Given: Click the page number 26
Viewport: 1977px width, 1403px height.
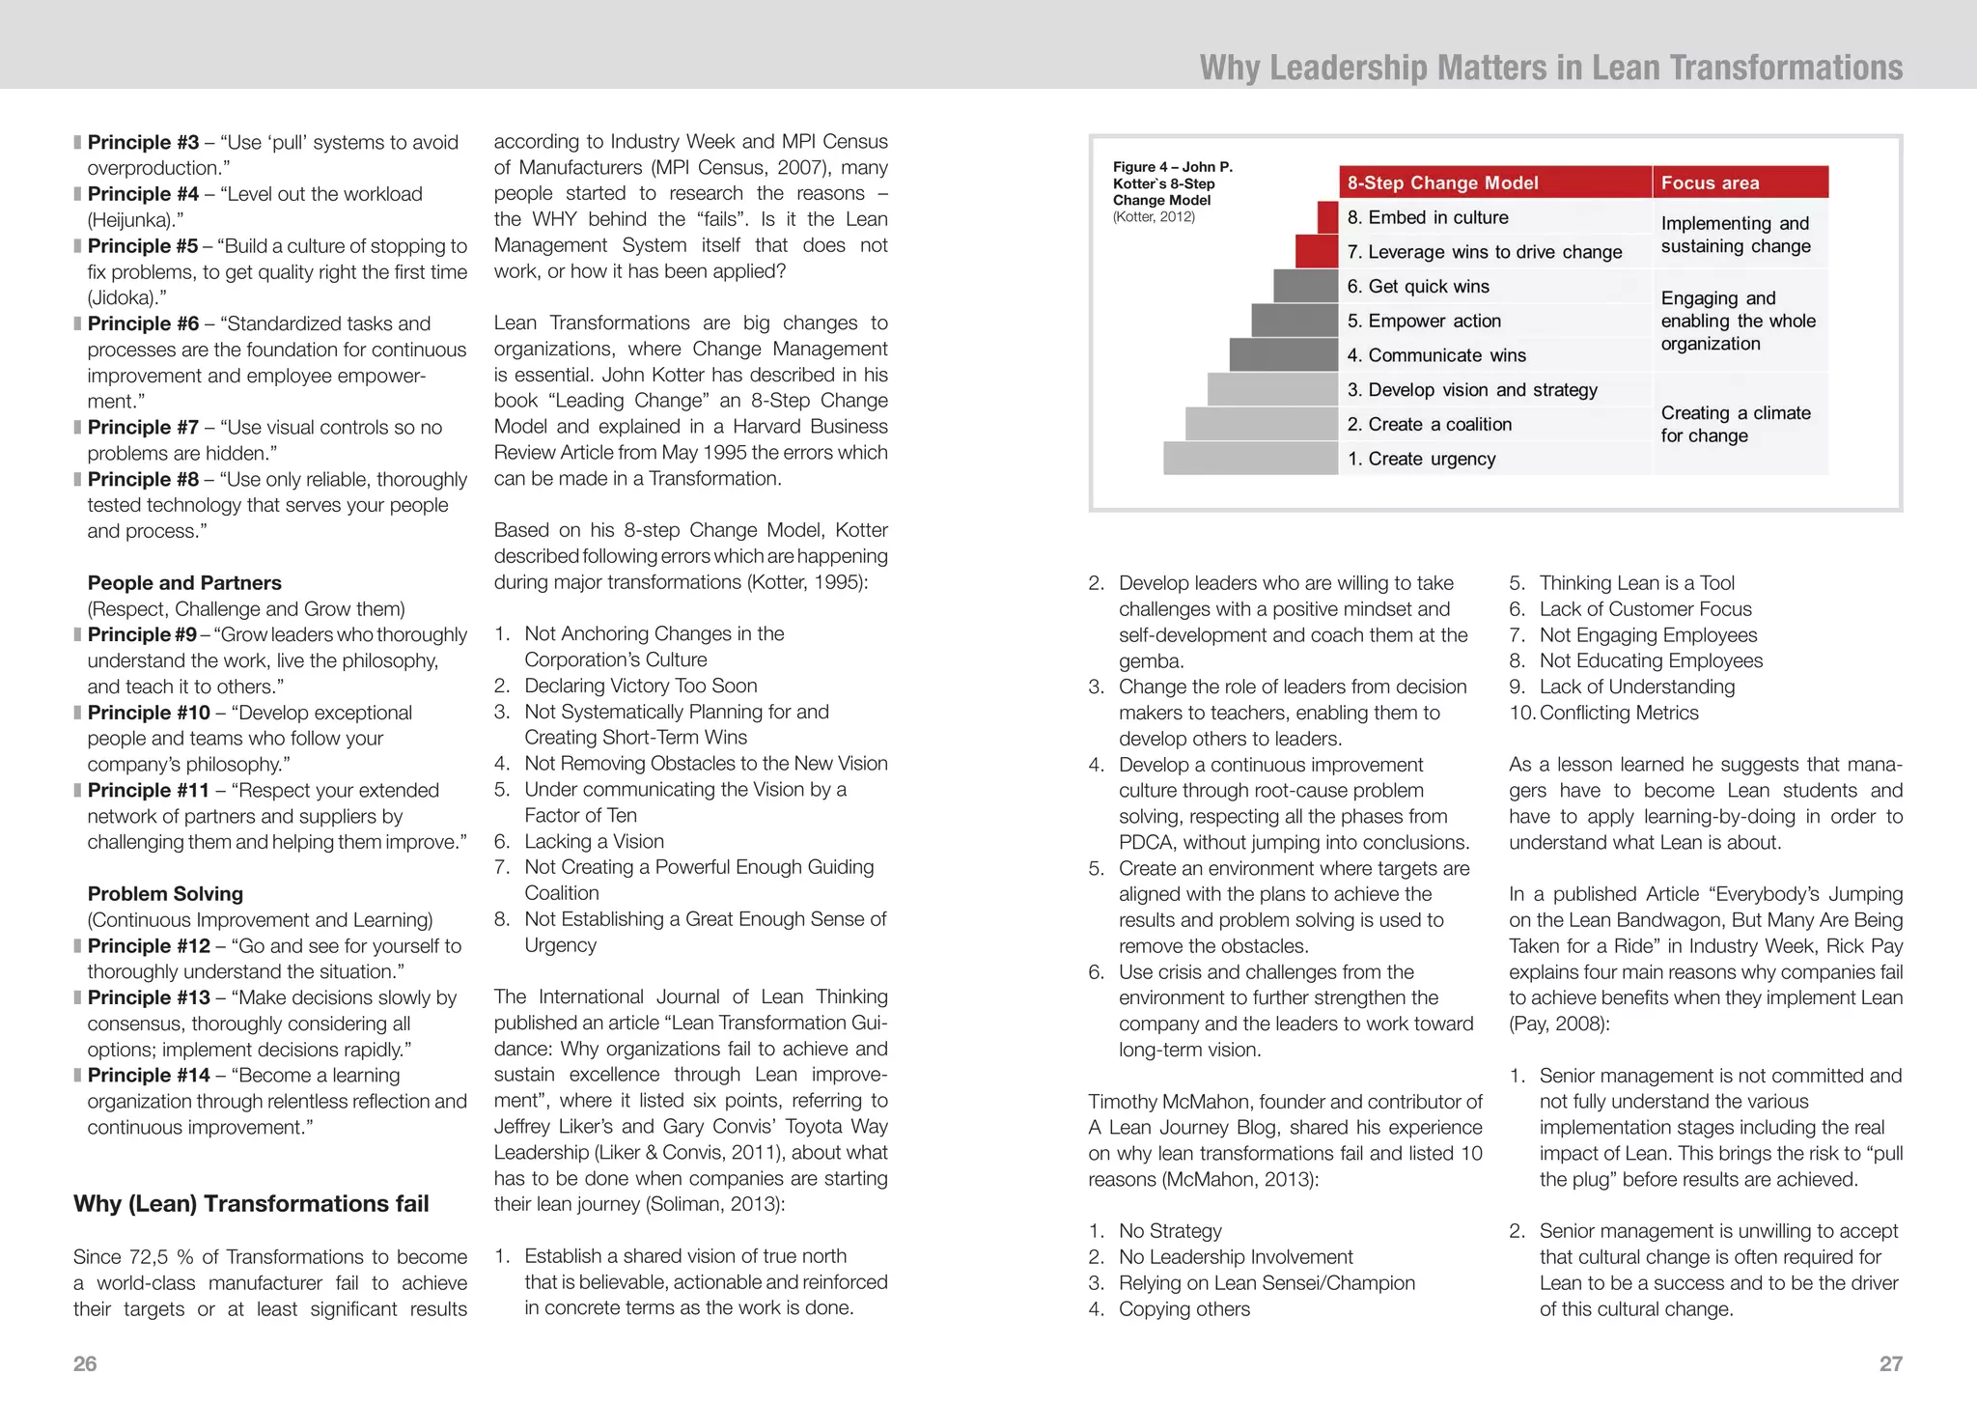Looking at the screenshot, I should click(x=85, y=1363).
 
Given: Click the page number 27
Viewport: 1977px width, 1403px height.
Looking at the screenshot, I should click(x=1890, y=1363).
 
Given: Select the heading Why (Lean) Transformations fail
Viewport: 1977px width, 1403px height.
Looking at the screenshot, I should click(x=251, y=1203).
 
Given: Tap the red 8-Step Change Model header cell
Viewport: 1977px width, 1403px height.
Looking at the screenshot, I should click(x=1494, y=182).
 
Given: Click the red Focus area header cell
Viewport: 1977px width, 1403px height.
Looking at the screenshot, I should click(x=1740, y=182).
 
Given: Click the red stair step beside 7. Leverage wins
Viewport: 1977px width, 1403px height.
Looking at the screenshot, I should click(x=1317, y=252).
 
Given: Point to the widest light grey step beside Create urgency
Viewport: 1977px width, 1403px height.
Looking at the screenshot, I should click(x=1250, y=459).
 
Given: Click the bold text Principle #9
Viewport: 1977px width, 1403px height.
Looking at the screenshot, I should click(x=142, y=634).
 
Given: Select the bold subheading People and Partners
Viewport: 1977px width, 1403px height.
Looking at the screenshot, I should click(x=184, y=582).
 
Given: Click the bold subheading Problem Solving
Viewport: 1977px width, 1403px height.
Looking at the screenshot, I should click(x=165, y=893).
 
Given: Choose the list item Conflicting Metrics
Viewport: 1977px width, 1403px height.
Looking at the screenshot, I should click(x=1619, y=713).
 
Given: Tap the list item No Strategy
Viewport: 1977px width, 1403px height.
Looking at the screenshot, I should click(x=1170, y=1230).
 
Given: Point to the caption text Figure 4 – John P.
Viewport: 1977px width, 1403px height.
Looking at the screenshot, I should click(x=1172, y=166).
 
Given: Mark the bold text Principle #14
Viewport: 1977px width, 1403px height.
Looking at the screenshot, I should click(x=149, y=1075).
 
